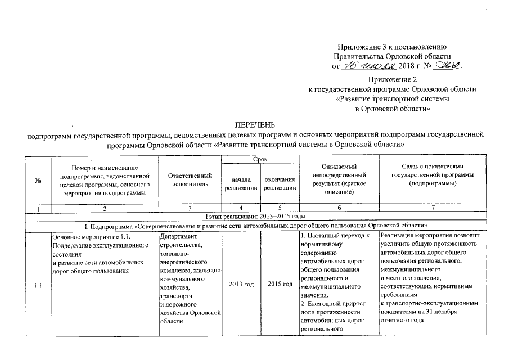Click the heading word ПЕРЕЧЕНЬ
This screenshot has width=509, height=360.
255,124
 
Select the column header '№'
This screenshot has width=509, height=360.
39,181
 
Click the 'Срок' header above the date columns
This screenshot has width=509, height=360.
260,160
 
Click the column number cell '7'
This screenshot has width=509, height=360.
433,209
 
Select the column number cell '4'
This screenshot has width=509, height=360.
241,209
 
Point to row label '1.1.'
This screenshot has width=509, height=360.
39,283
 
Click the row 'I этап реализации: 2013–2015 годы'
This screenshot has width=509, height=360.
255,217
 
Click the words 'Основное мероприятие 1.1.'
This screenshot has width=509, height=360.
90,236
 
